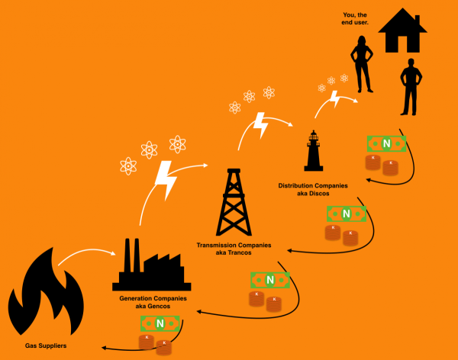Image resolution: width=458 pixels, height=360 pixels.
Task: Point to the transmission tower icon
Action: (232, 201)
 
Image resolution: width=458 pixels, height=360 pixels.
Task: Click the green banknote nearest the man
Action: (386, 143)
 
